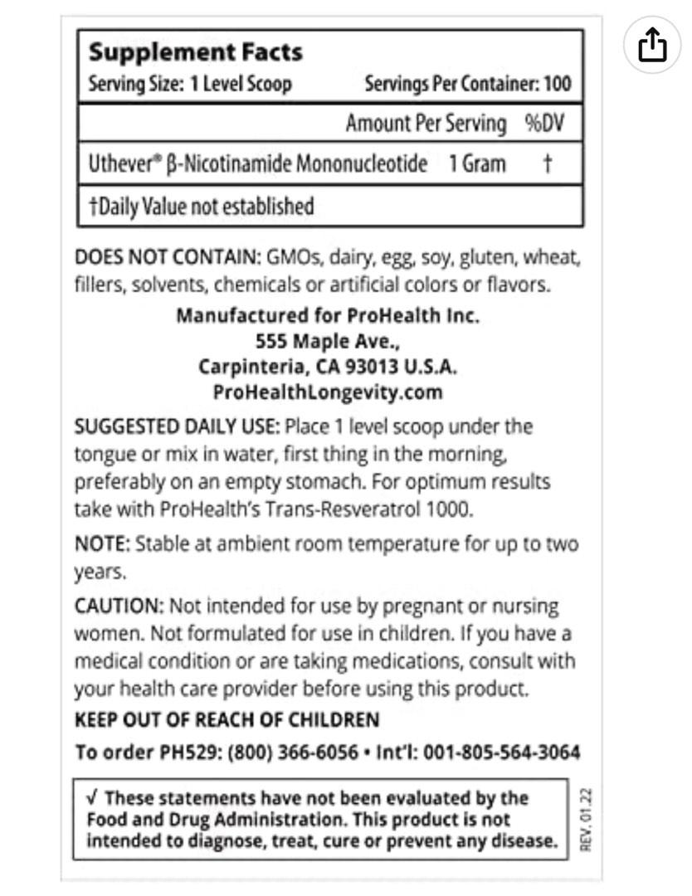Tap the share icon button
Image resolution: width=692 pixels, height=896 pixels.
652,45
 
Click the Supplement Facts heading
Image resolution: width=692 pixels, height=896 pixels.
195,52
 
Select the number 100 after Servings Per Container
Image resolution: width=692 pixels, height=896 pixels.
558,85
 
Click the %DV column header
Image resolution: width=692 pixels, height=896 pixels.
544,124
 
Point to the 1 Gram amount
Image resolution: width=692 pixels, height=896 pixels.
477,163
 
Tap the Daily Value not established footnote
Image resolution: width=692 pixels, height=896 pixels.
201,206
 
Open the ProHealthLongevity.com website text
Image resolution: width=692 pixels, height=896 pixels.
328,392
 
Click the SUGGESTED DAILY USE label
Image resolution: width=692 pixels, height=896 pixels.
176,426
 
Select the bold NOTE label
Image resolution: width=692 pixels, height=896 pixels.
101,544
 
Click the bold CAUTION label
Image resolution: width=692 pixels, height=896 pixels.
114,606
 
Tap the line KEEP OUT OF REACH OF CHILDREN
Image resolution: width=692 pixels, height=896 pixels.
227,719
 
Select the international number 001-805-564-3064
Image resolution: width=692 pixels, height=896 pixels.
501,752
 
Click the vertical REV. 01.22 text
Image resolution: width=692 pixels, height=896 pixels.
587,821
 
